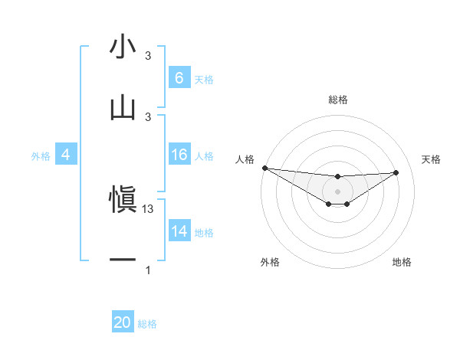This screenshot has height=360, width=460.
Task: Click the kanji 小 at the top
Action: [123, 47]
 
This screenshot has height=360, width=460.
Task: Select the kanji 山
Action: [123, 108]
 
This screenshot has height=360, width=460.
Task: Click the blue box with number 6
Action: [179, 77]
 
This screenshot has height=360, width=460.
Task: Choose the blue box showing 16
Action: [179, 155]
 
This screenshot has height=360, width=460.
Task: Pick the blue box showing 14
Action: [179, 231]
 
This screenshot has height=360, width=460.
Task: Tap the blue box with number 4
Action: [65, 155]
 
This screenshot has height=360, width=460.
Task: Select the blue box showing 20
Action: [123, 322]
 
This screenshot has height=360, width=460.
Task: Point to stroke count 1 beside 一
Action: [148, 270]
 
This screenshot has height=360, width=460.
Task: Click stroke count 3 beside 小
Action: [148, 56]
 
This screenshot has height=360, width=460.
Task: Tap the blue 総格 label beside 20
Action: [147, 324]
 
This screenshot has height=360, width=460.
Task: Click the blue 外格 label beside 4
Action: [41, 156]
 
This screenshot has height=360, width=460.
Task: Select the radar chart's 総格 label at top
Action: [337, 100]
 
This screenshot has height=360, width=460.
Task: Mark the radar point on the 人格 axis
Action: [264, 168]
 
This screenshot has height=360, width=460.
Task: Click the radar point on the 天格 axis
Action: [396, 172]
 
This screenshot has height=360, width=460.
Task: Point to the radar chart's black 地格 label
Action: [402, 262]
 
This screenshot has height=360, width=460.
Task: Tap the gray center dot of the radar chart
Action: [337, 191]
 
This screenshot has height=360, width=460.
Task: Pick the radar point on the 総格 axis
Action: [337, 177]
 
